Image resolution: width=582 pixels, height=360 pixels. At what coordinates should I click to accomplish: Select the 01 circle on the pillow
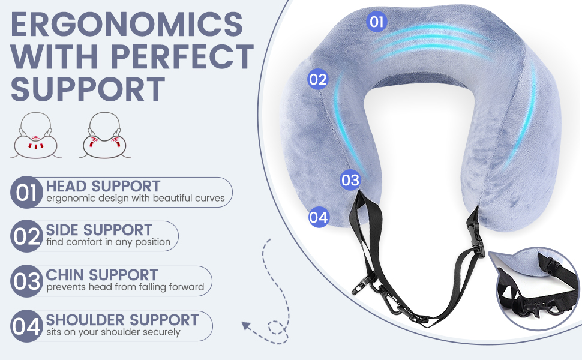tap(376, 22)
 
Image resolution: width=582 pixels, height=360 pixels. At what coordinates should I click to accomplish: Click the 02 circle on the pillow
tap(318, 79)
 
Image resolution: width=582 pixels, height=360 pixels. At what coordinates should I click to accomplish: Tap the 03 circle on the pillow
tap(350, 179)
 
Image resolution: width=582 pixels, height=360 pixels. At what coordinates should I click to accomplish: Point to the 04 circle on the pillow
tap(319, 217)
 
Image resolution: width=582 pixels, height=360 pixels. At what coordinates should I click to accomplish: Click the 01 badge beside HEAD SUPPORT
tap(26, 193)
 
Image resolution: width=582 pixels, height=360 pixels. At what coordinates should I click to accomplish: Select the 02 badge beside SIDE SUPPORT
tap(26, 236)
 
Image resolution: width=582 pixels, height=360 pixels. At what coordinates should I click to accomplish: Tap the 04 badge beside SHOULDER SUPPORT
tap(26, 327)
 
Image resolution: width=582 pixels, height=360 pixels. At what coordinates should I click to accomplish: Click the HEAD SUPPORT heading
tap(103, 186)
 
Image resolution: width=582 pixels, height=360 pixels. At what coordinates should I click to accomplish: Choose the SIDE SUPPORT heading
tap(99, 230)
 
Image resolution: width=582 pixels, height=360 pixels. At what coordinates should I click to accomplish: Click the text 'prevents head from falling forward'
tap(125, 287)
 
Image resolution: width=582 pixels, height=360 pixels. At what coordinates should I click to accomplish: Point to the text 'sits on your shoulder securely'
tap(113, 332)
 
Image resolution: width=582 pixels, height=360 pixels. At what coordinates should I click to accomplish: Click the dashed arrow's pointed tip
tap(244, 326)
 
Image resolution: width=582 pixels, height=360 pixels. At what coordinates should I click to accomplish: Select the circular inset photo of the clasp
tap(538, 287)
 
